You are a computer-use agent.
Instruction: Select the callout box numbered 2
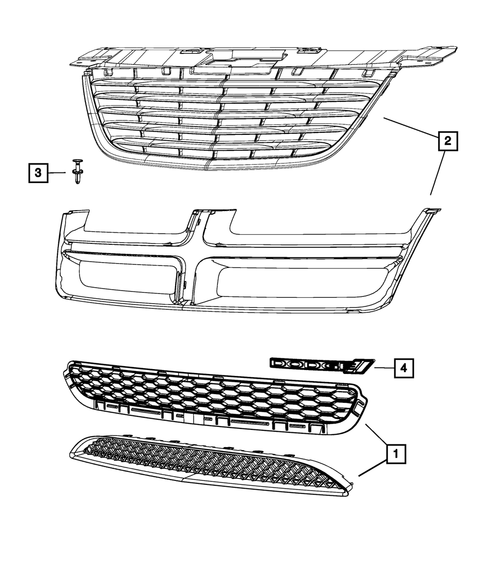click(x=447, y=141)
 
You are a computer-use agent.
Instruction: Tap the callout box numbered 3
click(x=38, y=173)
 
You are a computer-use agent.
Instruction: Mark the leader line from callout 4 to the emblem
click(x=383, y=368)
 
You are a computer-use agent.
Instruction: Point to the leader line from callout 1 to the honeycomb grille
click(x=376, y=435)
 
